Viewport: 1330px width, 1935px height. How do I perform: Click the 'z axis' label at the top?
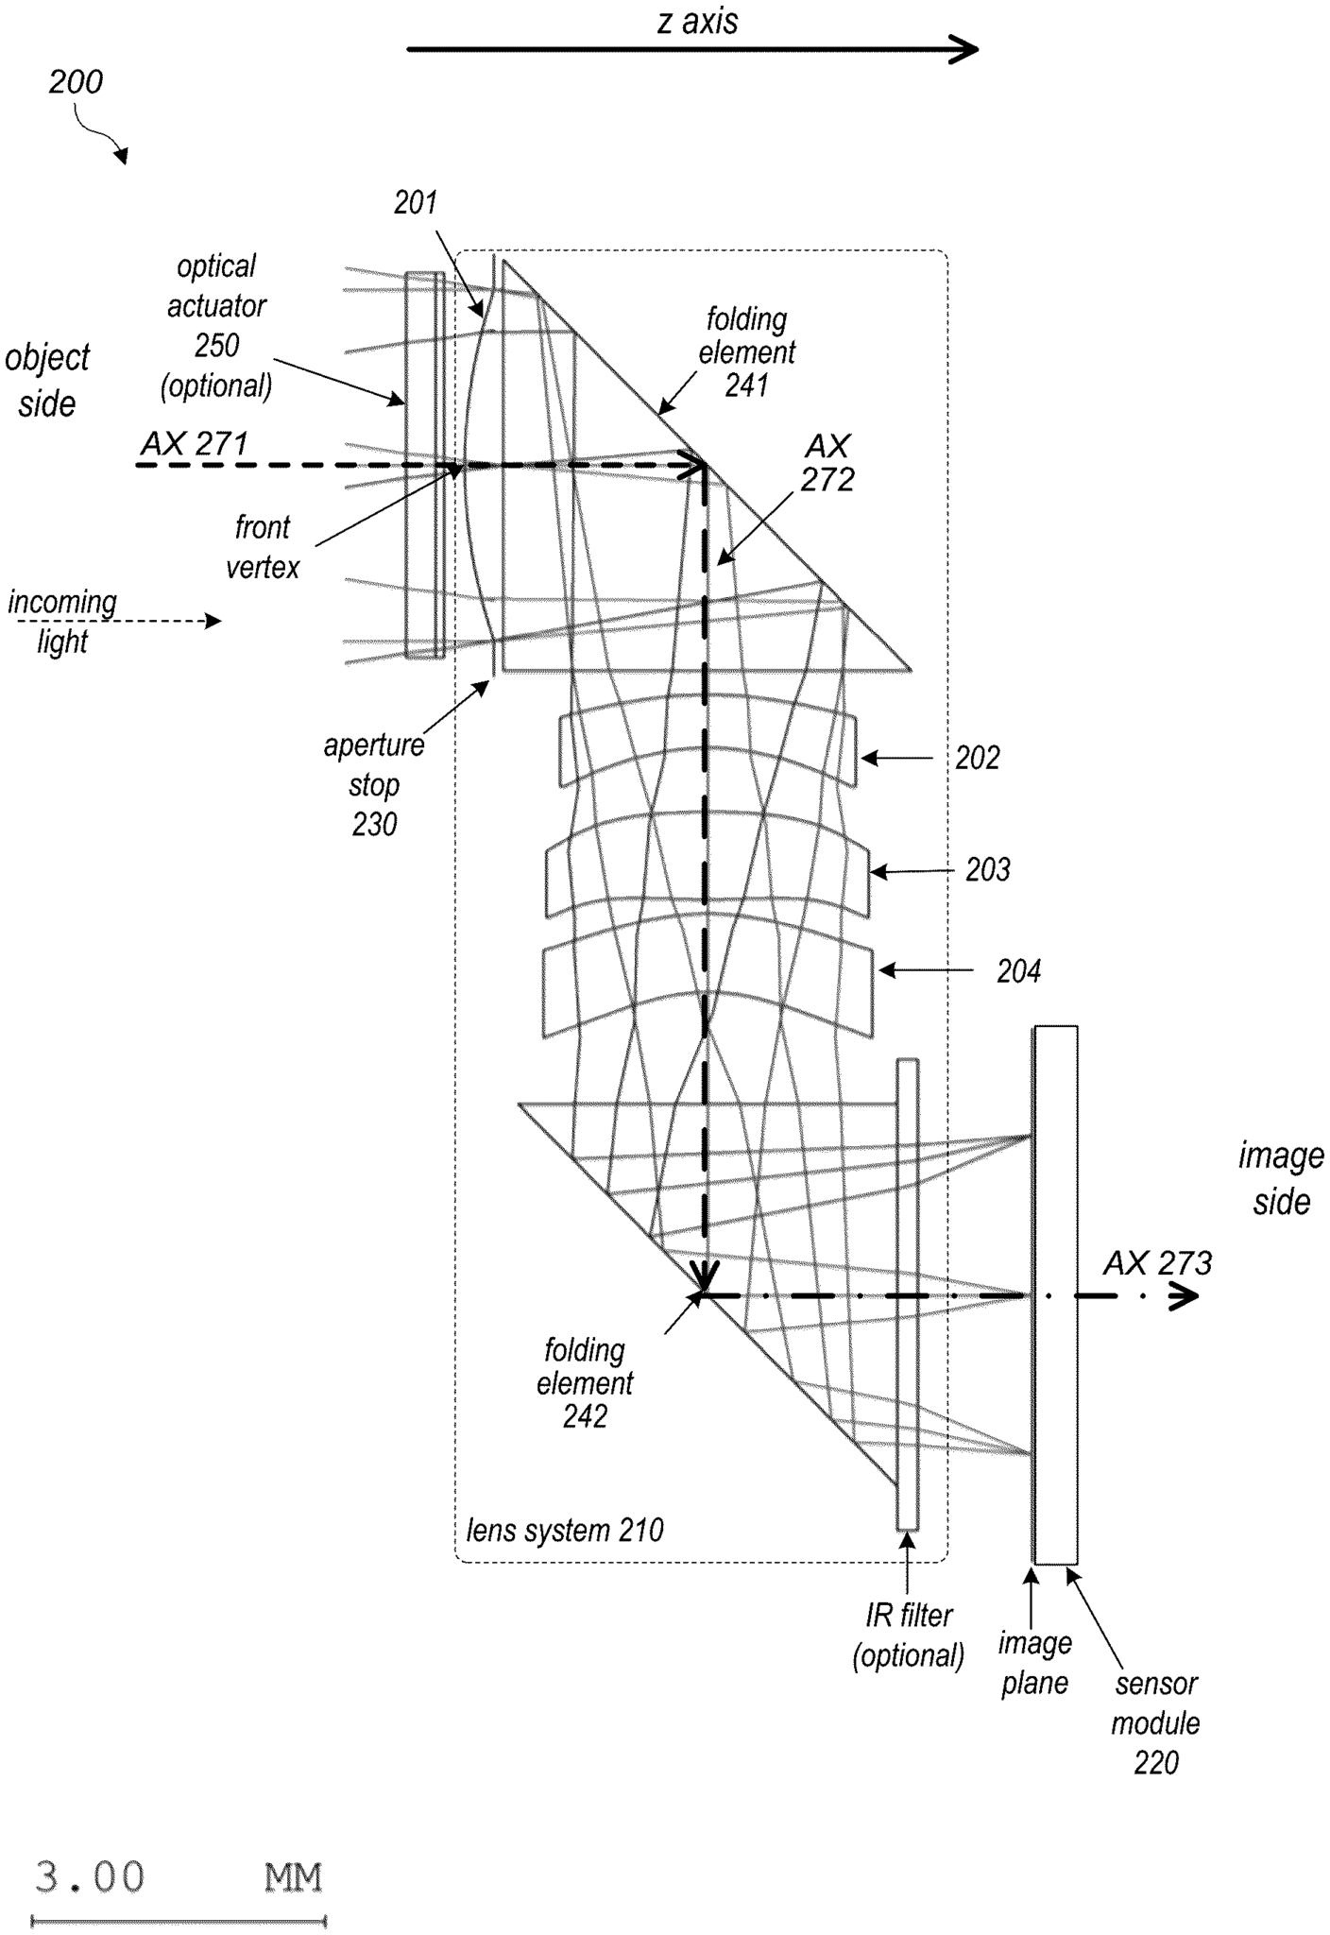697,21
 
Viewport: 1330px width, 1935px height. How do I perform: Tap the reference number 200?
76,82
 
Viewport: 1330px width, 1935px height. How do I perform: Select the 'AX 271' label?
195,443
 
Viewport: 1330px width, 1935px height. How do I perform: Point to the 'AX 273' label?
1157,1263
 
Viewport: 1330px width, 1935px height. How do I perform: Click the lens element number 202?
977,758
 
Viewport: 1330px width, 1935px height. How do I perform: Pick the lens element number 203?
987,869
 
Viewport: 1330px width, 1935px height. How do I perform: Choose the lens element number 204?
1018,971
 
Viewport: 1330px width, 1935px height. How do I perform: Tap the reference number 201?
416,202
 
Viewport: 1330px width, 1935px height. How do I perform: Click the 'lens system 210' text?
565,1530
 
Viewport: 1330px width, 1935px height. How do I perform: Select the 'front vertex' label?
263,547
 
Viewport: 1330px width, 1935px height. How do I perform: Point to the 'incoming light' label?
62,622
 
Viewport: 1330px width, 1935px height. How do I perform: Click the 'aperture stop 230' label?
374,784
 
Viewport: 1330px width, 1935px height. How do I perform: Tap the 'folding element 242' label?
585,1382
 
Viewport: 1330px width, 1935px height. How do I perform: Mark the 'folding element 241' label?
746,352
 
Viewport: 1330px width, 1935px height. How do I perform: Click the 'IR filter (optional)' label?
908,1635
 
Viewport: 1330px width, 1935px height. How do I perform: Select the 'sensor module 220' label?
1155,1722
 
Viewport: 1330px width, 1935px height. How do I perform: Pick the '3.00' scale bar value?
90,1876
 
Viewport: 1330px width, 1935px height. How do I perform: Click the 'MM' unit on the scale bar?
293,1877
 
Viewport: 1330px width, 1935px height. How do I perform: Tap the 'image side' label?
1281,1178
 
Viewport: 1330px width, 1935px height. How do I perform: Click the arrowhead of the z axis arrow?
965,49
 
